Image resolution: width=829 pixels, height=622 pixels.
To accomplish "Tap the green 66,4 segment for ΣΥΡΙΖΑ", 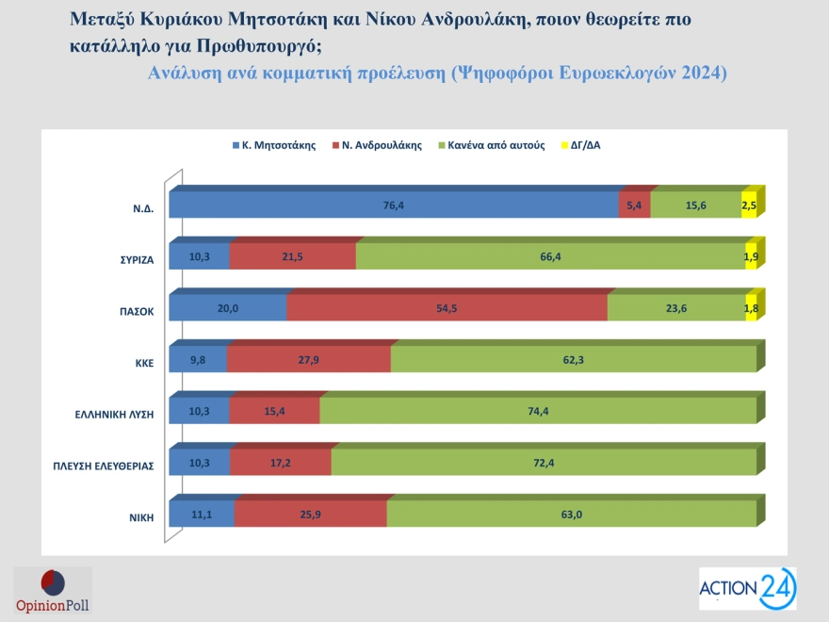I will coord(550,256).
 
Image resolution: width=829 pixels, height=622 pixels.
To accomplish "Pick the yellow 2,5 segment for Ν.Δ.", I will coord(749,205).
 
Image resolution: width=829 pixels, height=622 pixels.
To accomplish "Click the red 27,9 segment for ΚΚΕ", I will coord(308,359).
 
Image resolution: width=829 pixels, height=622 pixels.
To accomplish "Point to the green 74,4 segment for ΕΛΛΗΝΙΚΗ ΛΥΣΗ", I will coord(538,411).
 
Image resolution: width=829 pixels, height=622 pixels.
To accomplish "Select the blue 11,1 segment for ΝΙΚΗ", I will coord(201,514).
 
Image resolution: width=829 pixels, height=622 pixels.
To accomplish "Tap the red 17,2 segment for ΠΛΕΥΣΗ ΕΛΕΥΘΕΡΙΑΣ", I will coord(280,462).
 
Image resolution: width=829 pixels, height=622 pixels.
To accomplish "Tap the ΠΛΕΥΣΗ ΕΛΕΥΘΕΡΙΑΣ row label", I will coord(103,465).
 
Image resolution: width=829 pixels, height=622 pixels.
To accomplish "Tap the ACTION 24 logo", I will coord(747,589).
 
